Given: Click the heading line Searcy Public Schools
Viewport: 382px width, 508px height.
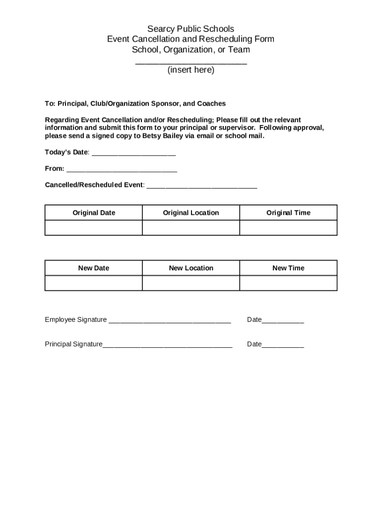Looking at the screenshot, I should tap(191, 29).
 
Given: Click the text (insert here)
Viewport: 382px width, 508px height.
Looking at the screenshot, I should tap(191, 70).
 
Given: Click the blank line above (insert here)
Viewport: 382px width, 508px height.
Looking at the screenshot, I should tap(191, 63).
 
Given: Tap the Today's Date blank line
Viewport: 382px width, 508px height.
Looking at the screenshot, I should tap(133, 154).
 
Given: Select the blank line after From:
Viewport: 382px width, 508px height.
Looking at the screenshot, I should tap(122, 171).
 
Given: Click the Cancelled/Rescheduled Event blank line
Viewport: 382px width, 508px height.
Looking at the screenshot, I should tap(202, 188).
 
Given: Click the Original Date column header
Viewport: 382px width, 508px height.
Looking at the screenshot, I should tap(94, 213).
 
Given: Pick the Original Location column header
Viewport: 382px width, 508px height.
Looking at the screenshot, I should tap(191, 213).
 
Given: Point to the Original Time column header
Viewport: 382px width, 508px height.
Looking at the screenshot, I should tap(288, 213).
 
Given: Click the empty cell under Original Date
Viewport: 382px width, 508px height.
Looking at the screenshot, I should tap(94, 228).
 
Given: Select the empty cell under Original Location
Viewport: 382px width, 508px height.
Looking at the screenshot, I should tap(191, 228).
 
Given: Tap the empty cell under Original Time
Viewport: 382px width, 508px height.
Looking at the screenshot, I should tap(288, 228).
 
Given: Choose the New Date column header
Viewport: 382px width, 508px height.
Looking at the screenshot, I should tap(94, 268).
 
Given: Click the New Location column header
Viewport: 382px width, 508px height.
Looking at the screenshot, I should tap(191, 268).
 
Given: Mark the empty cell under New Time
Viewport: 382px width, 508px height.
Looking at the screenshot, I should tap(288, 283).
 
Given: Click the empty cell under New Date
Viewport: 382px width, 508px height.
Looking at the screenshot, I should tap(94, 283).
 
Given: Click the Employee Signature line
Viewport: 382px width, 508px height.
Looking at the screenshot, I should tap(170, 322).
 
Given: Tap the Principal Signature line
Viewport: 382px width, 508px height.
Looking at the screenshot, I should tap(167, 346).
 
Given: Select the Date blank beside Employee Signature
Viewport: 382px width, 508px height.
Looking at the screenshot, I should tap(283, 322).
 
